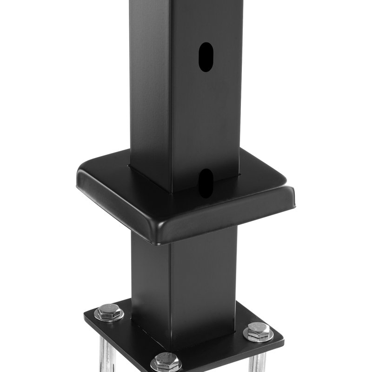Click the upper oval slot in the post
coord(206,57)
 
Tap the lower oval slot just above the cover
coord(206,182)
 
